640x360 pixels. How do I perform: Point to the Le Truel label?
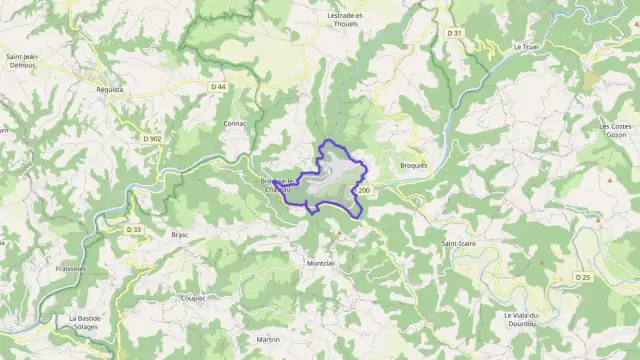pos(525,47)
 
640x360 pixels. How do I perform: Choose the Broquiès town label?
pos(412,165)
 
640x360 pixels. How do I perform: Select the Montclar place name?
pos(319,263)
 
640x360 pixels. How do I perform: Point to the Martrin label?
pos(268,340)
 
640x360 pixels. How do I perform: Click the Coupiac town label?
pos(193,297)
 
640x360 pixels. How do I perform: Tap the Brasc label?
pos(180,234)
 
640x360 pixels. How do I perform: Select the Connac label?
pos(235,123)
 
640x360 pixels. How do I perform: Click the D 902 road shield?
pos(152,138)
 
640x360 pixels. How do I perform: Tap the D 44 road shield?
pos(218,87)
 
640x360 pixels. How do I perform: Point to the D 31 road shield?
pos(455,33)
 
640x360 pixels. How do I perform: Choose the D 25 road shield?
pos(583,276)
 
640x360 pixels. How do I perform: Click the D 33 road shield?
pos(134,229)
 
